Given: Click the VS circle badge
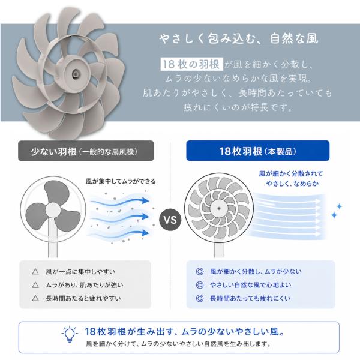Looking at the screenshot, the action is click(x=170, y=220).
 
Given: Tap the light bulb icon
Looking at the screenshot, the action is click(x=70, y=334).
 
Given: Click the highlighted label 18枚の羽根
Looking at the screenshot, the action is click(x=192, y=64).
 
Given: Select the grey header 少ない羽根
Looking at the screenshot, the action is click(x=86, y=151).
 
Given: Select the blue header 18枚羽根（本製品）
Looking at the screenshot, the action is click(x=258, y=151).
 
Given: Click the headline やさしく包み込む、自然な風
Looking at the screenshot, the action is click(x=239, y=38).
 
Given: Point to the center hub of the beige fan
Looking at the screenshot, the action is click(x=76, y=74).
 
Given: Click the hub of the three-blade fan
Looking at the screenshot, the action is click(x=53, y=210).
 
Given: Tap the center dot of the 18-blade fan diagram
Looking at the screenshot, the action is click(x=219, y=208).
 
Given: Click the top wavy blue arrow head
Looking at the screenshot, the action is click(x=145, y=200).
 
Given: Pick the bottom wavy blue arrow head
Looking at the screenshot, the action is click(x=145, y=233).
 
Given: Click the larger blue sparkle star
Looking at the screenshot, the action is click(x=334, y=215).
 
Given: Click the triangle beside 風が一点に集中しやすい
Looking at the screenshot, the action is click(x=35, y=272).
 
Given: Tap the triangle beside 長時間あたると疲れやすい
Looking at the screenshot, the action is click(x=35, y=298).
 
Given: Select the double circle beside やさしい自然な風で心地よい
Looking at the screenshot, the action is click(x=200, y=285).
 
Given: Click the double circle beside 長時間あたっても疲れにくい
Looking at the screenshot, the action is click(x=200, y=298).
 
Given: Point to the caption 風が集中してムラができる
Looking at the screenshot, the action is click(x=121, y=181).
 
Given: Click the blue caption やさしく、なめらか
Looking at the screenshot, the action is click(x=292, y=184).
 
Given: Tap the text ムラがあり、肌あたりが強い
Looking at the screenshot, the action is click(x=85, y=285).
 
